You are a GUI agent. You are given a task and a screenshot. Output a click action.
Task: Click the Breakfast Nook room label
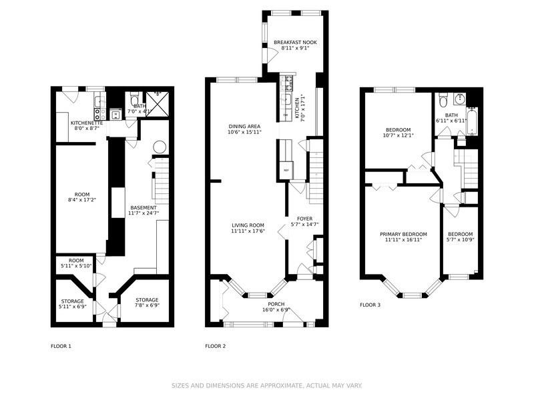point(295,43)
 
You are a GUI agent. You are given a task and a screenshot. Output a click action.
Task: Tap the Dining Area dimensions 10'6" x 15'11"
point(244,132)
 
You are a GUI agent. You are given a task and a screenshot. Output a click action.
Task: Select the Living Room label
point(248,225)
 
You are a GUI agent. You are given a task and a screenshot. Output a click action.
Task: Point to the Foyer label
point(304,219)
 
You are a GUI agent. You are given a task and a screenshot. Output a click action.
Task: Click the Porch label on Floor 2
point(276,304)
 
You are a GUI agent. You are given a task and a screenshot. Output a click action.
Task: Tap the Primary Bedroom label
point(403,234)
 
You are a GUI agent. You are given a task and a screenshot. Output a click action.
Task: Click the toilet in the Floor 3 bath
point(443,99)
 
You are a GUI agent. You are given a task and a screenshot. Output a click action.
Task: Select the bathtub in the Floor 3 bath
point(472,121)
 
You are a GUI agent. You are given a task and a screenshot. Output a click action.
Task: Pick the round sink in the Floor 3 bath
point(460,99)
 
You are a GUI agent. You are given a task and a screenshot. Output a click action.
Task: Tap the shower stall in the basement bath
point(158,104)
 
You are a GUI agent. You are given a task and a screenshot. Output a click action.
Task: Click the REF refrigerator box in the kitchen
point(286,170)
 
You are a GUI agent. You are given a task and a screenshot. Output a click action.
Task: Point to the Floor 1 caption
point(61,346)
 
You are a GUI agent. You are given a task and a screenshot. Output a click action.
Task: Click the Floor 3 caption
point(370,305)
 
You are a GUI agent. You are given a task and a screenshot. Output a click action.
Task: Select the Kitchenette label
point(87,123)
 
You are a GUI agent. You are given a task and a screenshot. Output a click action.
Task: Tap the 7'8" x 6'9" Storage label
point(147,303)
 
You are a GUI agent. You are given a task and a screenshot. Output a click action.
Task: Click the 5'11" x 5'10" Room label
point(76,263)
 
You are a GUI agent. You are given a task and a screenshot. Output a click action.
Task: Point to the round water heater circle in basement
point(160,147)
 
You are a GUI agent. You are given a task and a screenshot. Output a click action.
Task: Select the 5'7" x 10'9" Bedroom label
point(461,237)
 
